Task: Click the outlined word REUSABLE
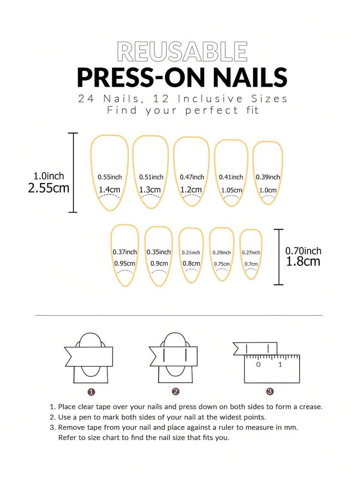pyautogui.click(x=182, y=52)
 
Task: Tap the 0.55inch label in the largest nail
pyautogui.click(x=110, y=177)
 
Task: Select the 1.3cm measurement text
pyautogui.click(x=150, y=190)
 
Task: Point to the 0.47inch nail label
pyautogui.click(x=192, y=177)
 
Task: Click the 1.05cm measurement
pyautogui.click(x=232, y=190)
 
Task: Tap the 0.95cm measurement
pyautogui.click(x=125, y=263)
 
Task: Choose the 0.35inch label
pyautogui.click(x=159, y=252)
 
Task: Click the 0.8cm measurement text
pyautogui.click(x=191, y=263)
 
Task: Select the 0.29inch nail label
pyautogui.click(x=222, y=252)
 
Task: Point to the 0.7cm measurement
pyautogui.click(x=251, y=263)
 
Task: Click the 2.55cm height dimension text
pyautogui.click(x=48, y=188)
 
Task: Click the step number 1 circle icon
pyautogui.click(x=92, y=392)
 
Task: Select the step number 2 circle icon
pyautogui.click(x=176, y=392)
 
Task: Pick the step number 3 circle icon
pyautogui.click(x=270, y=392)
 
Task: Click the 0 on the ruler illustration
pyautogui.click(x=258, y=365)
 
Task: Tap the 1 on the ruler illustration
pyautogui.click(x=280, y=365)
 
